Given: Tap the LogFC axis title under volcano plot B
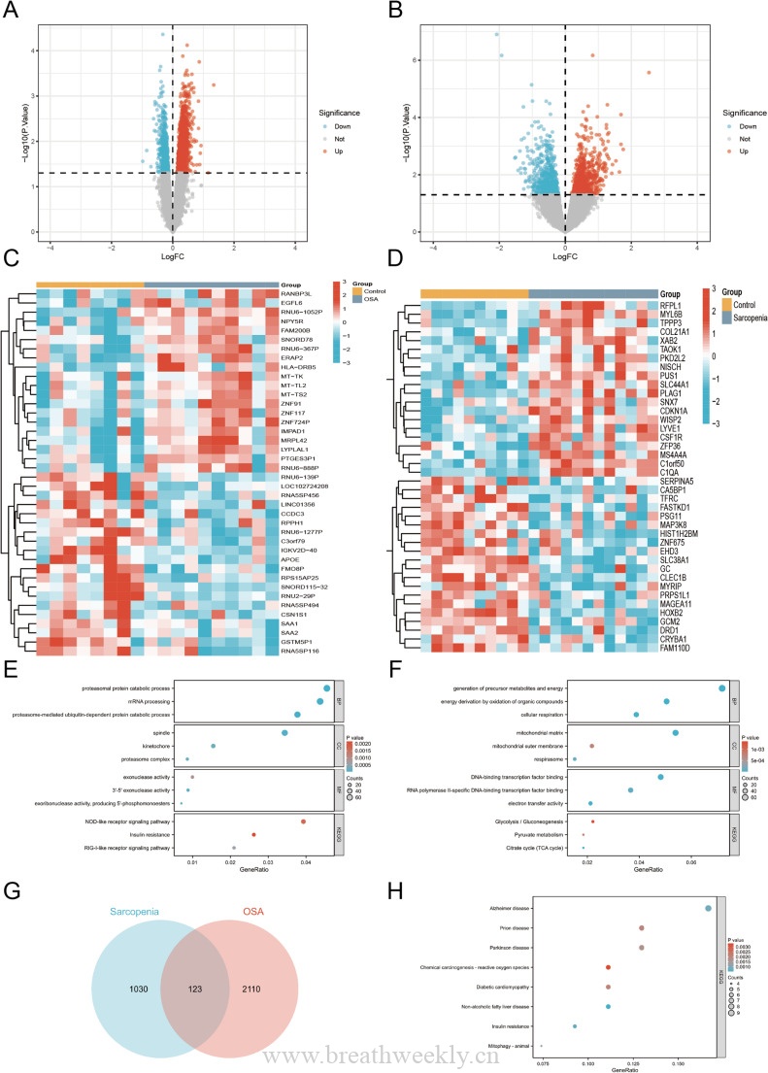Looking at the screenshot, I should point(566,257).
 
